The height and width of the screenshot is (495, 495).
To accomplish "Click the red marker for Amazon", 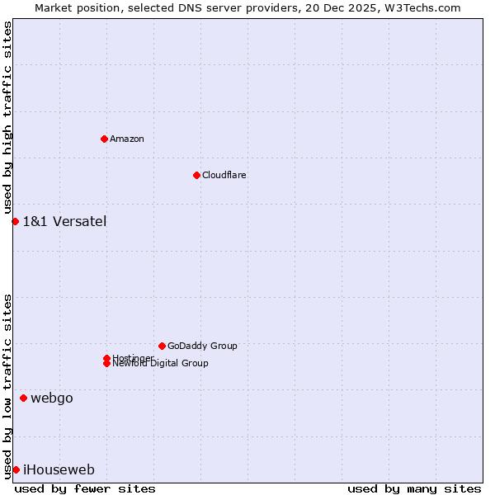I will pyautogui.click(x=104, y=139).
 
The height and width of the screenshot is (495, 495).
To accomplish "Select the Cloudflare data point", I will pyautogui.click(x=196, y=175).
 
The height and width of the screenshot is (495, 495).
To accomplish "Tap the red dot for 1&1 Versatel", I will pyautogui.click(x=15, y=221).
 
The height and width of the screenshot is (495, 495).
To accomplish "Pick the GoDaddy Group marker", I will pyautogui.click(x=162, y=346).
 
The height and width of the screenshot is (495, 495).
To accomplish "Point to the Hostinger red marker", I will pyautogui.click(x=106, y=358).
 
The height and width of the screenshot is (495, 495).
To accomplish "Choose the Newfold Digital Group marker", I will pyautogui.click(x=106, y=364).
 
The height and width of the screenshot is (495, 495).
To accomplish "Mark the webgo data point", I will pyautogui.click(x=23, y=398).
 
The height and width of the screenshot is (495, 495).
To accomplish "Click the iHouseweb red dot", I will pyautogui.click(x=16, y=469).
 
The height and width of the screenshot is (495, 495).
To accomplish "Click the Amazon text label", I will pyautogui.click(x=127, y=139).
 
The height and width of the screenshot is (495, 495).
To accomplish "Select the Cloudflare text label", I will pyautogui.click(x=224, y=175).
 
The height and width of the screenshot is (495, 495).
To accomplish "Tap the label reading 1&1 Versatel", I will pyautogui.click(x=64, y=221).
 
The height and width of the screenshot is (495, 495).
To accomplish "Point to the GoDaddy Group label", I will pyautogui.click(x=202, y=346).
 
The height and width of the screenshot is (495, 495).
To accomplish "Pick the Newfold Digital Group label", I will pyautogui.click(x=161, y=364).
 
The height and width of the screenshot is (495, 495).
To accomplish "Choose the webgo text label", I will pyautogui.click(x=52, y=398).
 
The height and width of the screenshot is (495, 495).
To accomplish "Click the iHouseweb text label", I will pyautogui.click(x=59, y=470).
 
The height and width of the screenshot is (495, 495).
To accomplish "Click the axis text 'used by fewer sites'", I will pyautogui.click(x=85, y=488).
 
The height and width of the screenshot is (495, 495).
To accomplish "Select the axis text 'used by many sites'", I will pyautogui.click(x=414, y=488).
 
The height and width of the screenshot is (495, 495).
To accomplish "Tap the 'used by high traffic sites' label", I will pyautogui.click(x=7, y=117).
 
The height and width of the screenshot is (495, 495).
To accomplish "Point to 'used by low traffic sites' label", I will pyautogui.click(x=7, y=385).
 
